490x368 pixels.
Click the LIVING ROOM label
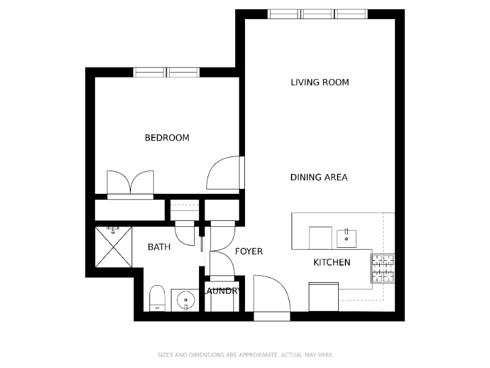pos(320,82)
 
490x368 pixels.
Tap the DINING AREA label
pos(318,177)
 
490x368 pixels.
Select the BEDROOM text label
pos(167,138)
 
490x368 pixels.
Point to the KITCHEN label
pos(332,263)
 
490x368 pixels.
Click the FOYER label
pos(249,251)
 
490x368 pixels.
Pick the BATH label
pos(159,247)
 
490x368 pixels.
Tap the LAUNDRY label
pos(222,291)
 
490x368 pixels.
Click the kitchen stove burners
pos(383,268)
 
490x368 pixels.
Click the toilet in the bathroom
pos(157,298)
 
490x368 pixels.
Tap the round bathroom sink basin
pos(185,301)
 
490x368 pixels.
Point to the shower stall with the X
pos(114,247)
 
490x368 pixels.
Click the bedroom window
pos(167,72)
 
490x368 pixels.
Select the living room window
pos(318,14)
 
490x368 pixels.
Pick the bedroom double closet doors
pos(130,183)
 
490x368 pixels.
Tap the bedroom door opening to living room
pos(225,174)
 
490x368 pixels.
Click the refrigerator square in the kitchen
pos(324,297)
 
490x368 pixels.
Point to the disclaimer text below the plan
pos(245,355)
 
